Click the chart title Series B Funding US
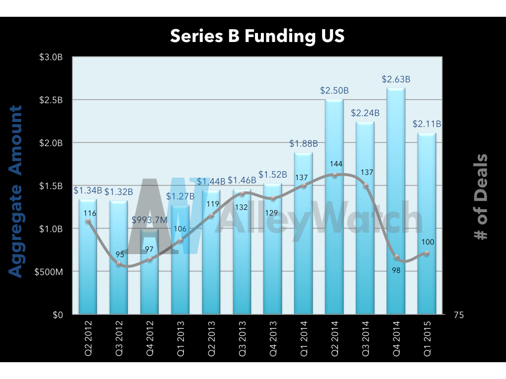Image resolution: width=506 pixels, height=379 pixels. [x=257, y=36]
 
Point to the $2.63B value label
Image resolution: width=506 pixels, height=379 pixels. [x=396, y=79]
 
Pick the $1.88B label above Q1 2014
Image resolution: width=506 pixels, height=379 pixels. [x=303, y=144]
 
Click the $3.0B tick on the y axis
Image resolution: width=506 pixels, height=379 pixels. [x=51, y=57]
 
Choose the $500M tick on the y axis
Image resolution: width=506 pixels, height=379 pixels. [x=49, y=271]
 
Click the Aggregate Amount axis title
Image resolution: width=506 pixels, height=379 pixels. [x=16, y=191]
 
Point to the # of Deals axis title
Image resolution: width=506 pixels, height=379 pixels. [x=480, y=196]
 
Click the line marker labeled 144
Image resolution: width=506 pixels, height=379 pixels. [x=335, y=175]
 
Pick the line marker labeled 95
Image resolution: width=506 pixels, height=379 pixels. [x=119, y=264]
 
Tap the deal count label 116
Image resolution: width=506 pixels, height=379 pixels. [x=89, y=213]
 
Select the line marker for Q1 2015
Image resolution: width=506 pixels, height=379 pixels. [x=426, y=253]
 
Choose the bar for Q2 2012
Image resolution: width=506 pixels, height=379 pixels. [x=88, y=257]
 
